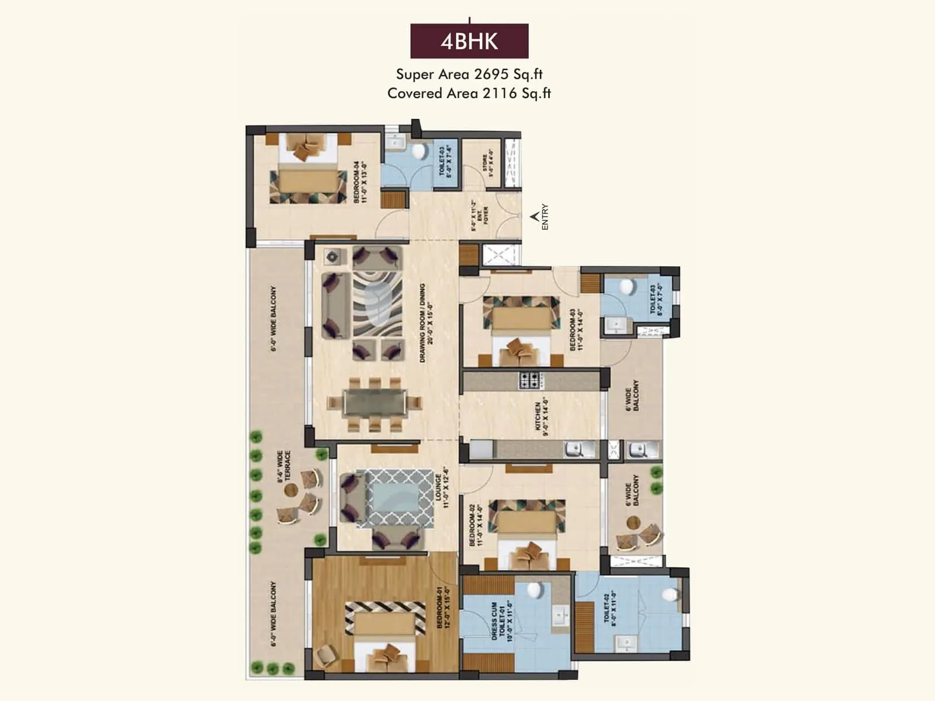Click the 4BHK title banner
pos(469,41)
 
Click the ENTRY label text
pos(545,217)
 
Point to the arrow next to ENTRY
pos(534,217)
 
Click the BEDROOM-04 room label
pos(360,182)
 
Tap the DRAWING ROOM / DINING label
pos(426,323)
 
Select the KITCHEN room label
pos(542,417)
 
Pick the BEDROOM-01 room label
pos(443,608)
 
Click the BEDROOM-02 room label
pos(476,525)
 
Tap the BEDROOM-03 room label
pos(576,330)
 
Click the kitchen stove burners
pos(531,380)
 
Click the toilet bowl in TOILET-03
pos(626,287)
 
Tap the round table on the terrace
pos(290,490)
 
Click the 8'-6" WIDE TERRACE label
pos(284,466)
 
